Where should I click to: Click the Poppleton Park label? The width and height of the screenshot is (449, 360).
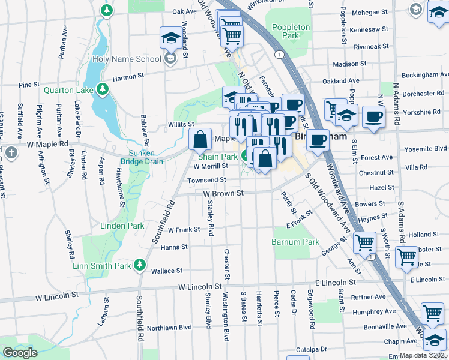point(291,31)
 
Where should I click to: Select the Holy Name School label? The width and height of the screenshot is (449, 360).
point(126,59)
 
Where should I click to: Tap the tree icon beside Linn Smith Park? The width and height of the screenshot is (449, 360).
point(140,265)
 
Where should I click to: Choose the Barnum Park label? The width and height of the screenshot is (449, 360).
point(295,242)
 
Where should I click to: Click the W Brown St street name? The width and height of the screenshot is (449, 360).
point(223,194)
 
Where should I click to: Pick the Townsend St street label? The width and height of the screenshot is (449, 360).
point(206,179)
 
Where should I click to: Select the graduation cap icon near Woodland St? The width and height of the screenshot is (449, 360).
point(171,38)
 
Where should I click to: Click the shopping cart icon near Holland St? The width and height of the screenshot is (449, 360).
point(364,242)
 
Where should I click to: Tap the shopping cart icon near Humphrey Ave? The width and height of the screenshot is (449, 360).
point(432,313)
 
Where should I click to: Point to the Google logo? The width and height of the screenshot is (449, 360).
point(20,353)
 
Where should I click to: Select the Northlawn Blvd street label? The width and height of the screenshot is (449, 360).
point(169,328)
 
